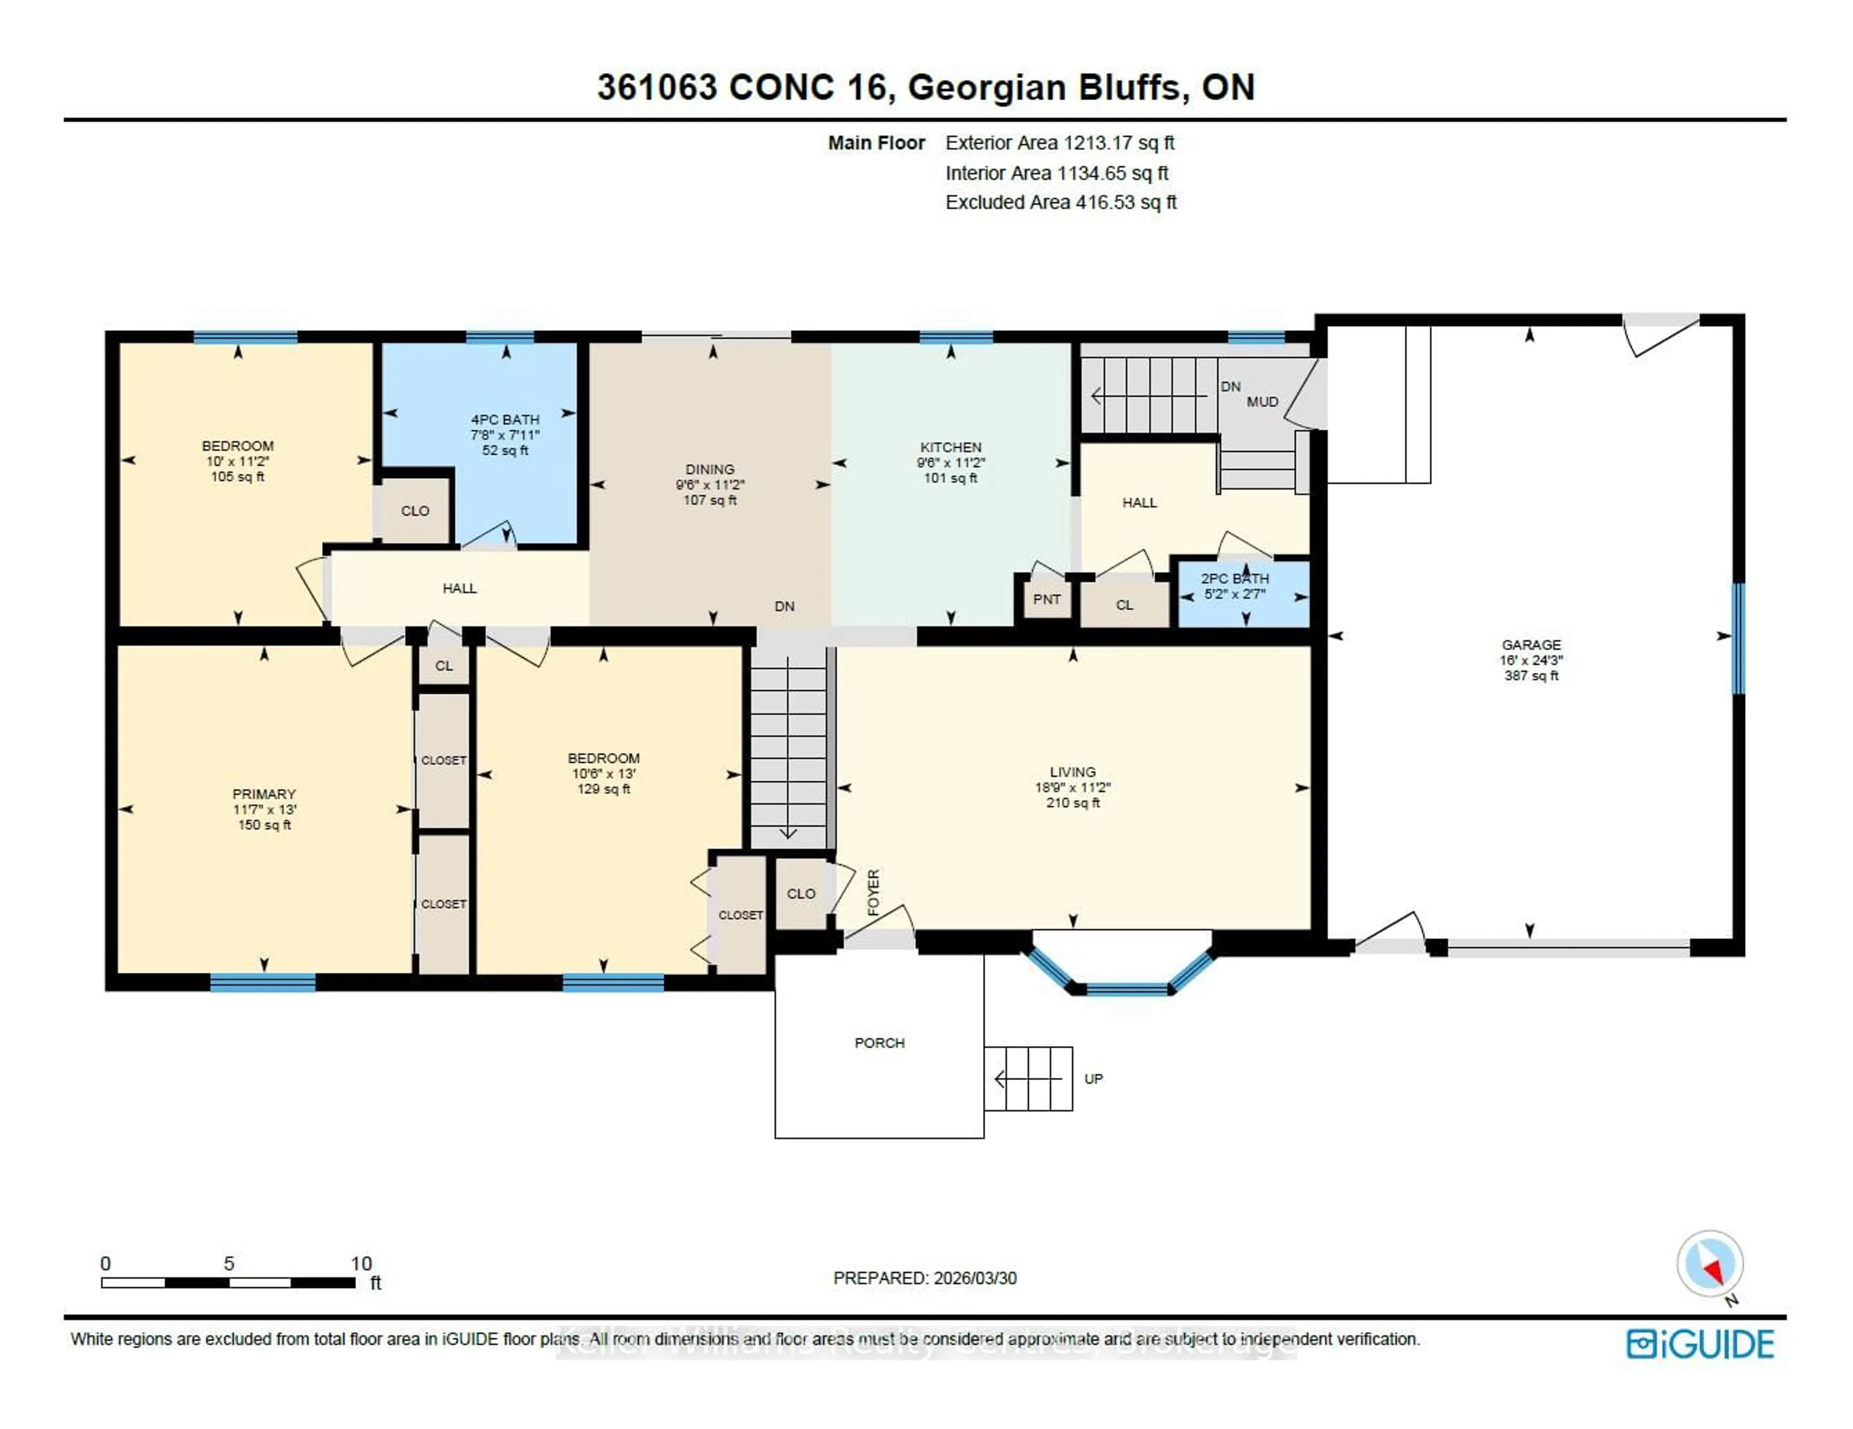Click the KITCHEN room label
[x=950, y=447]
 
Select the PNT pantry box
[x=1046, y=599]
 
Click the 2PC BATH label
[x=1234, y=578]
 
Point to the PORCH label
[x=879, y=1042]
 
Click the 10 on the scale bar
[x=361, y=1263]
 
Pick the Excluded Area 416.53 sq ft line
[x=1061, y=202]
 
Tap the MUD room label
[x=1262, y=401]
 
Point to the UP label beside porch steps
[x=1093, y=1079]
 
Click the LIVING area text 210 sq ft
[x=1072, y=803]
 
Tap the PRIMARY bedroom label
[x=264, y=794]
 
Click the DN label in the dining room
[x=784, y=606]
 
